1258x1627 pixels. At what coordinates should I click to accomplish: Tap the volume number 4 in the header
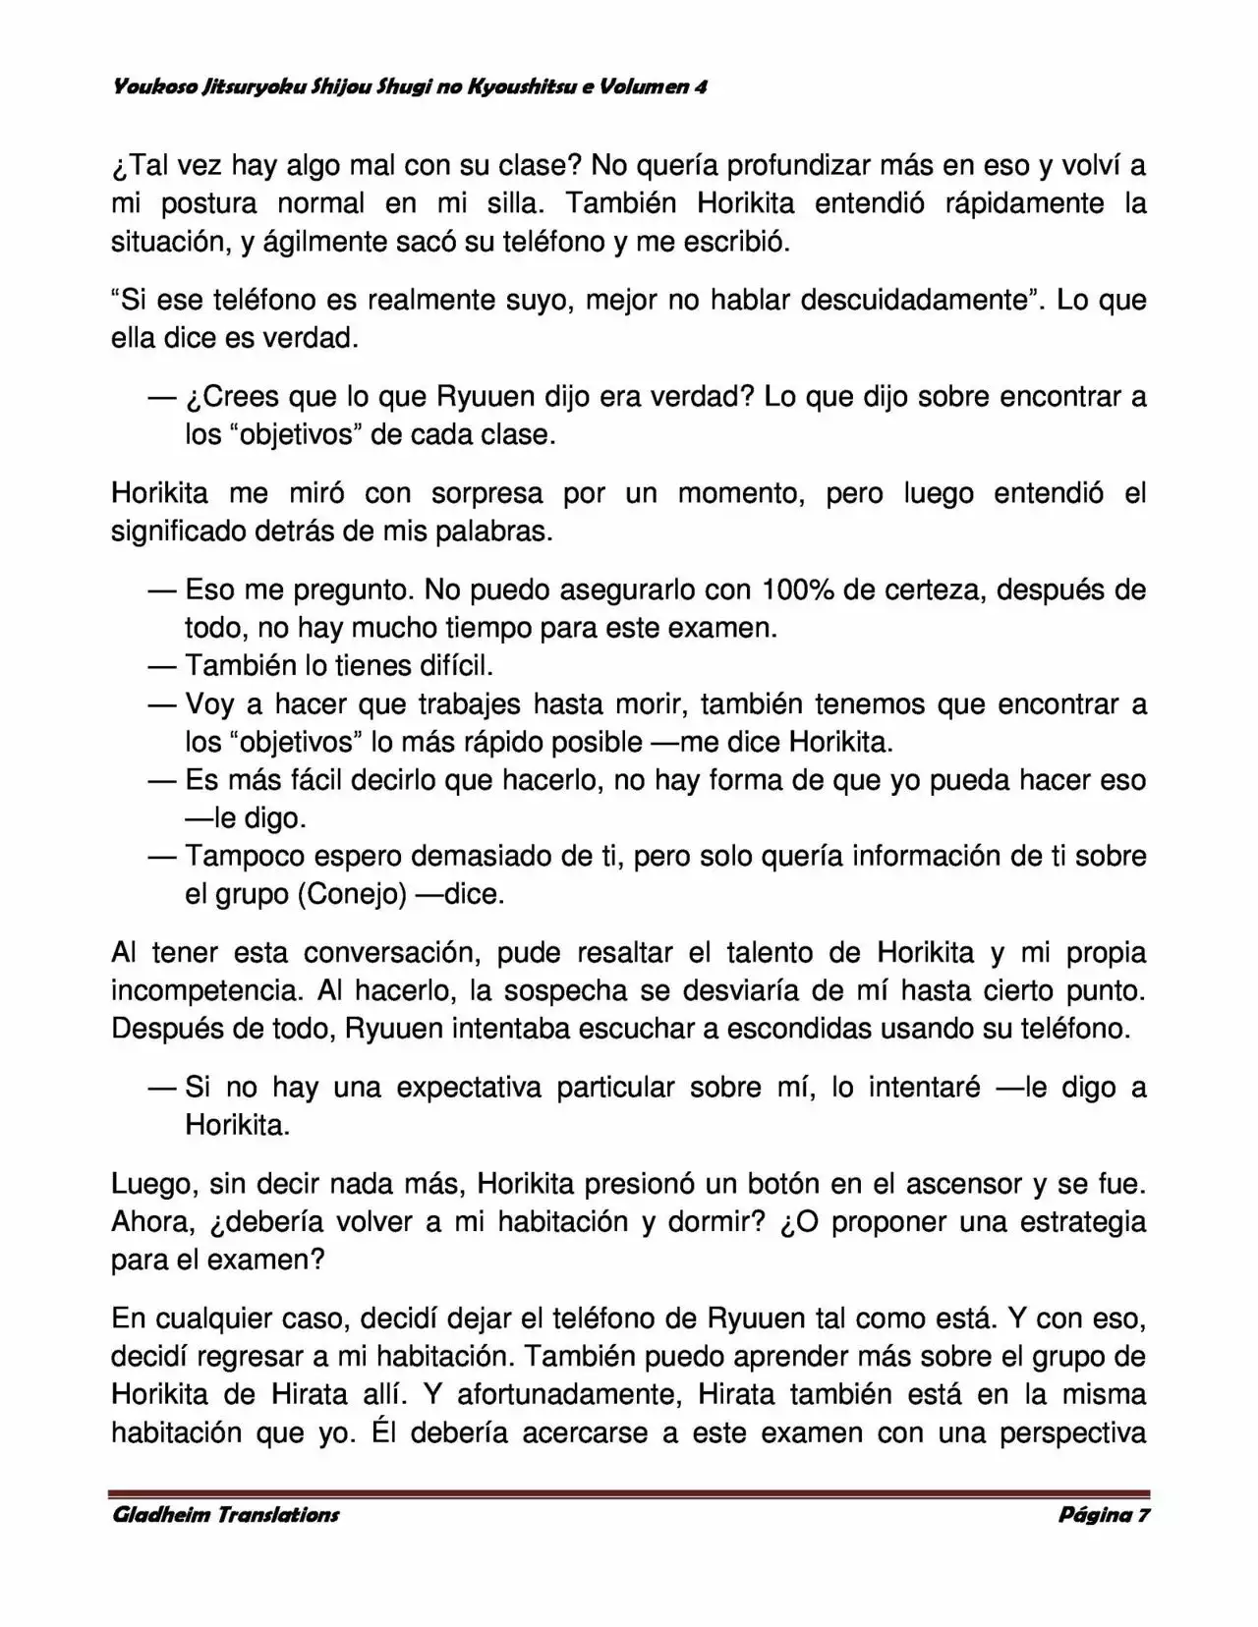tap(701, 86)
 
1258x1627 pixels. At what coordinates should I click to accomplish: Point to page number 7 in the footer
tap(1143, 1514)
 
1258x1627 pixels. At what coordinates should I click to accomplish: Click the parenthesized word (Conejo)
tap(351, 894)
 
